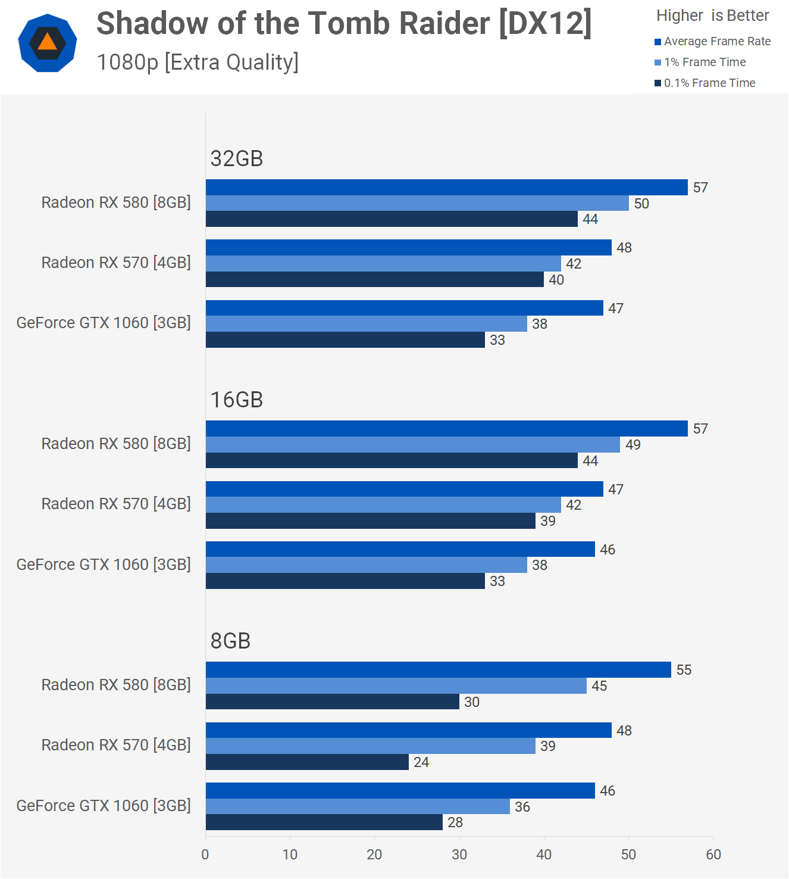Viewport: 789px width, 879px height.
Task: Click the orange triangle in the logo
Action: click(48, 42)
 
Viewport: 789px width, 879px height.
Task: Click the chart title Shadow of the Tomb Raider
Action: click(343, 24)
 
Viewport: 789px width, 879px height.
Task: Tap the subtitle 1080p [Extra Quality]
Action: click(198, 62)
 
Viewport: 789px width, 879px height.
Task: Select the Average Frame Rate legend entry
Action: click(717, 41)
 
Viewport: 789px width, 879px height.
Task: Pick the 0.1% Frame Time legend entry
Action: click(709, 83)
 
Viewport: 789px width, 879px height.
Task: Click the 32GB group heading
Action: click(237, 158)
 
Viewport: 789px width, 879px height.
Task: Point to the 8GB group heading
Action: click(230, 641)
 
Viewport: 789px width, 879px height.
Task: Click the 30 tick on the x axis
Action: click(459, 855)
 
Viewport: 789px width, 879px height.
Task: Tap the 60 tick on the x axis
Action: click(713, 855)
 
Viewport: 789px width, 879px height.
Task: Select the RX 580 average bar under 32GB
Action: click(446, 187)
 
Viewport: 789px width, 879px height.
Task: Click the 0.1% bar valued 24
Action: click(307, 762)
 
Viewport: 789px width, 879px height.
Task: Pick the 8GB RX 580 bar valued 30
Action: click(332, 702)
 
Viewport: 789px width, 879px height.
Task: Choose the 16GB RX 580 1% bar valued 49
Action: click(412, 445)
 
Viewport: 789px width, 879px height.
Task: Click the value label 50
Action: click(641, 204)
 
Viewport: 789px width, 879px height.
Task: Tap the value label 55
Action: click(684, 670)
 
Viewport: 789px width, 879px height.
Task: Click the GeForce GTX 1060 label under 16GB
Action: click(104, 564)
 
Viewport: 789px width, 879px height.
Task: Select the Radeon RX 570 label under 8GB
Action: click(116, 745)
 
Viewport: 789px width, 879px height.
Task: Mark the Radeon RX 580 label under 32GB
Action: click(116, 202)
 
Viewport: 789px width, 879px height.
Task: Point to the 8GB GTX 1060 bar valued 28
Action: click(324, 822)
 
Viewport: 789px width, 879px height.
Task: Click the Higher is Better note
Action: click(712, 15)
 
